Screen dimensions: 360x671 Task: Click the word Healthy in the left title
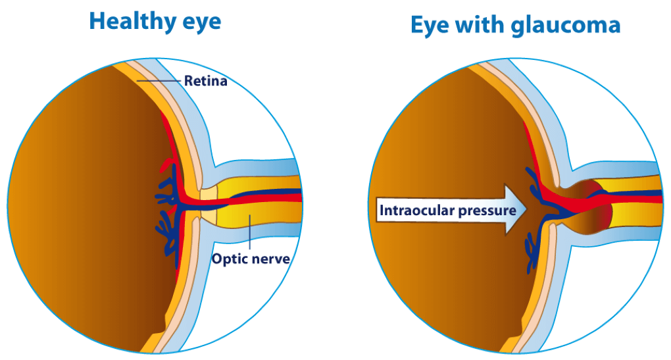pyautogui.click(x=126, y=21)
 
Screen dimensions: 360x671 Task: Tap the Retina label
pyautogui.click(x=205, y=82)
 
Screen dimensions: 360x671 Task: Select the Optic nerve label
pyautogui.click(x=251, y=259)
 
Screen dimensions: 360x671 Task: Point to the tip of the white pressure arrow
pyautogui.click(x=526, y=210)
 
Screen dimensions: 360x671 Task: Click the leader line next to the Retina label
pyautogui.click(x=159, y=81)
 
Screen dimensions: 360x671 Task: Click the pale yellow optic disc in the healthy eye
pyautogui.click(x=208, y=205)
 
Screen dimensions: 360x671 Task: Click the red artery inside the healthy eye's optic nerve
pyautogui.click(x=263, y=201)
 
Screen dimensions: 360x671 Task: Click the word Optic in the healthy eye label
pyautogui.click(x=228, y=259)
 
